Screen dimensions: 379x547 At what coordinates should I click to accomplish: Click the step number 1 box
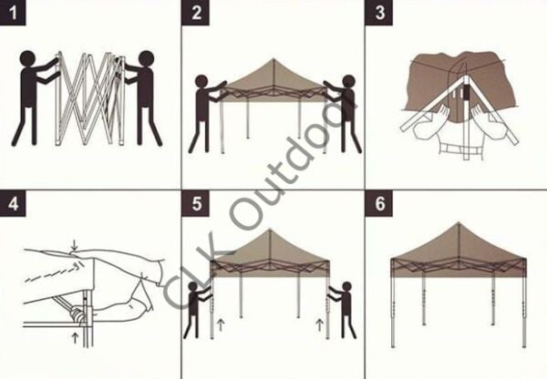click(13, 12)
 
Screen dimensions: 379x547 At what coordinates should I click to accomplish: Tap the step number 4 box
click(13, 201)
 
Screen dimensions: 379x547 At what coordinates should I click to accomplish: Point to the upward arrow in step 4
click(74, 337)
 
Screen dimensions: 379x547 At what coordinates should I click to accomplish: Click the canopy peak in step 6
click(458, 223)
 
